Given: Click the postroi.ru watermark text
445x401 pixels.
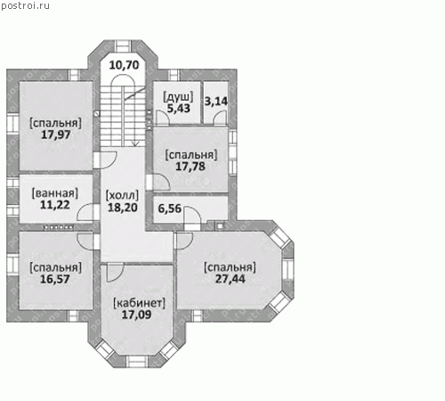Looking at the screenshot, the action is pyautogui.click(x=25, y=5).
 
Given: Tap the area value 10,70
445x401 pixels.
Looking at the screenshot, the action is pyautogui.click(x=124, y=65).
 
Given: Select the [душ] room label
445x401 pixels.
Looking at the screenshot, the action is pyautogui.click(x=178, y=97).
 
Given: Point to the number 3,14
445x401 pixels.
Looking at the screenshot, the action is pyautogui.click(x=216, y=102).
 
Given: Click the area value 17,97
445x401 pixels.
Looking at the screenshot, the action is pyautogui.click(x=55, y=135).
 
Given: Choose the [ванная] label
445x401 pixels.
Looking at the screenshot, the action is pyautogui.click(x=55, y=193).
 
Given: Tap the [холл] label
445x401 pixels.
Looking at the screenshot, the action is pyautogui.click(x=122, y=195).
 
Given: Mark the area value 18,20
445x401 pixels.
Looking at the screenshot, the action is pyautogui.click(x=123, y=208).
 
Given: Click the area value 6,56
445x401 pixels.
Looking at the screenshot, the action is pyautogui.click(x=169, y=209).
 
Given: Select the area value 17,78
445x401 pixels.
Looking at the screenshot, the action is pyautogui.click(x=190, y=167).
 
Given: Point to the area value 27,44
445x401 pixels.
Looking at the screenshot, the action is pyautogui.click(x=231, y=279).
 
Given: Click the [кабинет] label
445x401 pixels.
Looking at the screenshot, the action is pyautogui.click(x=139, y=303).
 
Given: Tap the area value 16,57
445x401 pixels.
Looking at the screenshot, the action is pyautogui.click(x=55, y=279).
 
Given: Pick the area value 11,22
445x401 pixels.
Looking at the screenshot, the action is pyautogui.click(x=55, y=205).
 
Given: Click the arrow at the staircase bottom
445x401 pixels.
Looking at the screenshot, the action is pyautogui.click(x=135, y=143).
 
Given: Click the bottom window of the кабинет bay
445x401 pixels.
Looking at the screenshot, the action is pyautogui.click(x=137, y=361).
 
